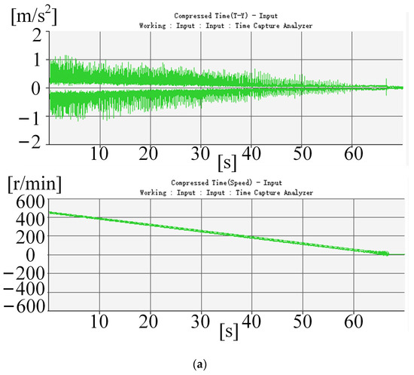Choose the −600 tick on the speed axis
pyautogui.click(x=23, y=308)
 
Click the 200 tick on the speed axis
pyautogui.click(x=27, y=236)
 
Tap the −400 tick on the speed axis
pyautogui.click(x=23, y=290)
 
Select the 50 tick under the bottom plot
pyautogui.click(x=303, y=322)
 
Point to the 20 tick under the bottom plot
pyautogui.click(x=150, y=322)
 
